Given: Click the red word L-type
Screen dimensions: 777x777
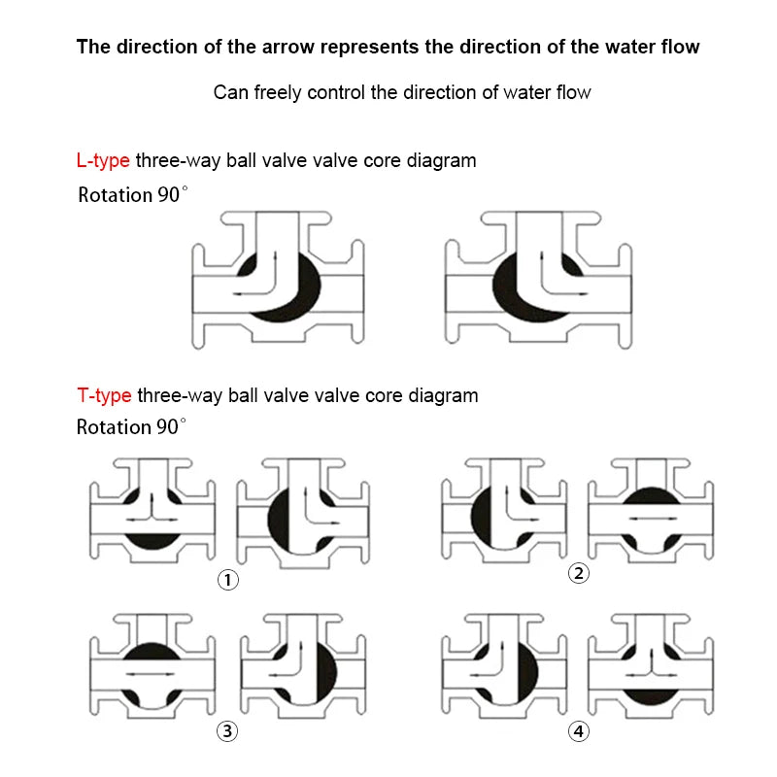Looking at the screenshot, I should (x=103, y=160).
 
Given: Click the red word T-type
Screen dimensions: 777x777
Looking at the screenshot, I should (x=104, y=395).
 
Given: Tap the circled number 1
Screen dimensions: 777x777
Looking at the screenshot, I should (x=227, y=581).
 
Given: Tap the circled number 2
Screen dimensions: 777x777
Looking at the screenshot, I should (x=579, y=573).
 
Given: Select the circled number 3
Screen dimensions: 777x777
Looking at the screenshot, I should (x=227, y=731).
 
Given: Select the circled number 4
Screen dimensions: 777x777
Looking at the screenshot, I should (x=579, y=731).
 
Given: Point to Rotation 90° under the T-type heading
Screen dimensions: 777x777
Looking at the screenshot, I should (x=131, y=427).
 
